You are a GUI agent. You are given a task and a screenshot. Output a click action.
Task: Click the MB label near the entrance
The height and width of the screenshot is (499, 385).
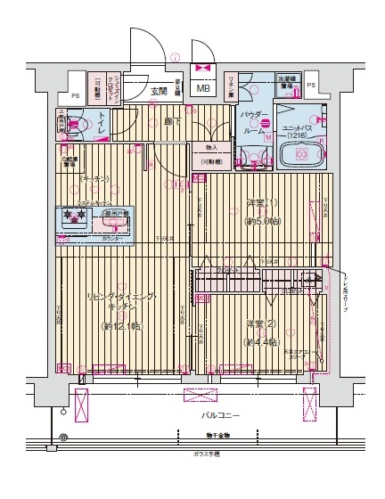point(203,88)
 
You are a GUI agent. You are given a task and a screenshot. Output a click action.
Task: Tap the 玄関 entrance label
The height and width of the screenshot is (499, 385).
point(159,91)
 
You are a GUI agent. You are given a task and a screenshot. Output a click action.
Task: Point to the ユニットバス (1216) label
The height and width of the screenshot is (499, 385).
point(299,131)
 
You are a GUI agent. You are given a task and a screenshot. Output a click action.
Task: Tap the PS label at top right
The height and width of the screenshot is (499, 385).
point(310,86)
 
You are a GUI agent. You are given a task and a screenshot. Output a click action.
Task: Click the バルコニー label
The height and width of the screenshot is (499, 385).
point(219,416)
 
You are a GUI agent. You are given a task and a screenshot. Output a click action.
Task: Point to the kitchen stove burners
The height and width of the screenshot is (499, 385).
point(72,215)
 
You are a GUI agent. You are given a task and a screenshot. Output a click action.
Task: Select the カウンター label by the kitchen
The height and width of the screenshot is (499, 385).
point(112,239)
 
